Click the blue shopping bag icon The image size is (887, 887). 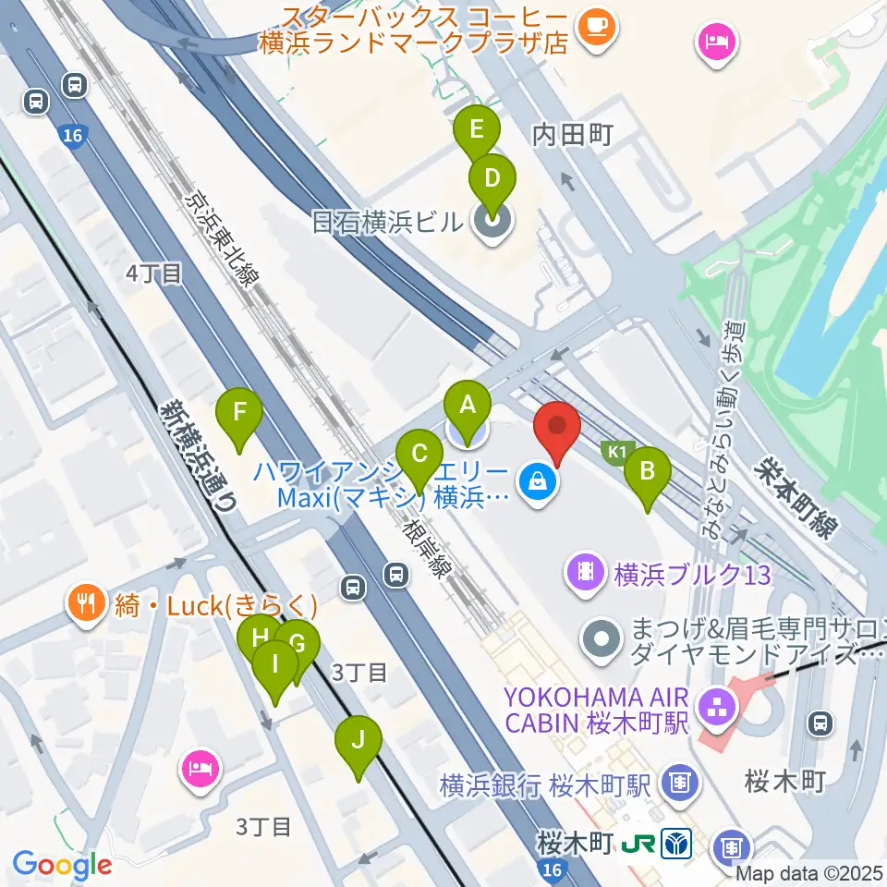(537, 480)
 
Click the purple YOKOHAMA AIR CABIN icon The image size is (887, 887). (715, 709)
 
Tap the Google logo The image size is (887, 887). (63, 865)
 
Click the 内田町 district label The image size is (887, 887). (573, 136)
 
